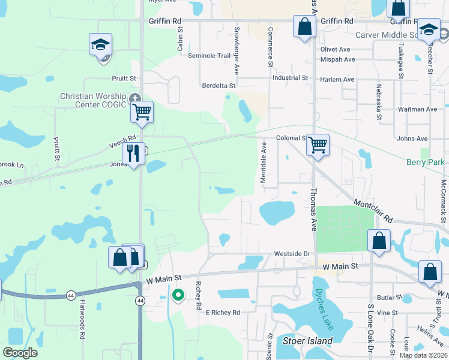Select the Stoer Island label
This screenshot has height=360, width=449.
click(307, 341)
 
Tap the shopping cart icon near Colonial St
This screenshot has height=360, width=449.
click(318, 144)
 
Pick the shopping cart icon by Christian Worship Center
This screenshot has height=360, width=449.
click(142, 112)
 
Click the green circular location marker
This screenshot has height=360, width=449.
click(178, 295)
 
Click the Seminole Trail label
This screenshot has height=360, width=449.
click(209, 56)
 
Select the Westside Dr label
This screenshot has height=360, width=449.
click(291, 253)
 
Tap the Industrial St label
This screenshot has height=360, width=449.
click(290, 78)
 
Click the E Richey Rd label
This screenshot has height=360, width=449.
click(222, 313)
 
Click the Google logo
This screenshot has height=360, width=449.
click(20, 353)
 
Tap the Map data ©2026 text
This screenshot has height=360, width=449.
click(423, 355)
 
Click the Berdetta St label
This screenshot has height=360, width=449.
click(218, 86)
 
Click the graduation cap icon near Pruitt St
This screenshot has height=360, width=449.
click(101, 44)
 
